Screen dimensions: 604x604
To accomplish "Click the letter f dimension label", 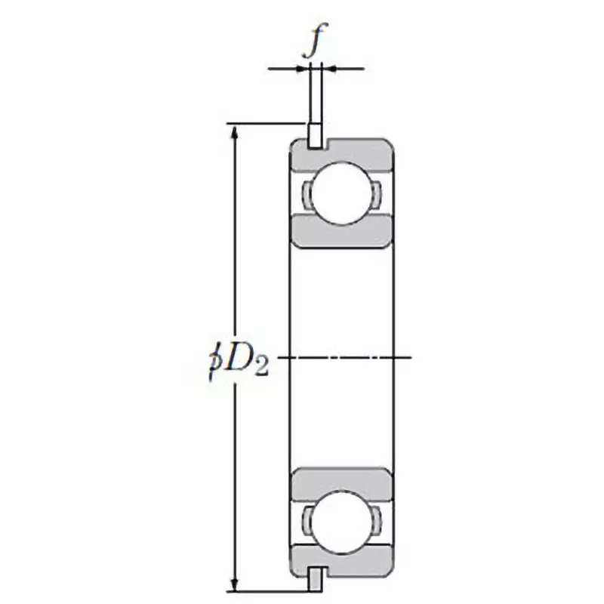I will (x=316, y=43).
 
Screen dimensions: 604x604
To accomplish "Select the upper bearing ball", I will (x=342, y=194).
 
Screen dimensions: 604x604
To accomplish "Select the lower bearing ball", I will (x=342, y=518).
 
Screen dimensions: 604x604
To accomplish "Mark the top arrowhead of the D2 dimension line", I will (x=236, y=131).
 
